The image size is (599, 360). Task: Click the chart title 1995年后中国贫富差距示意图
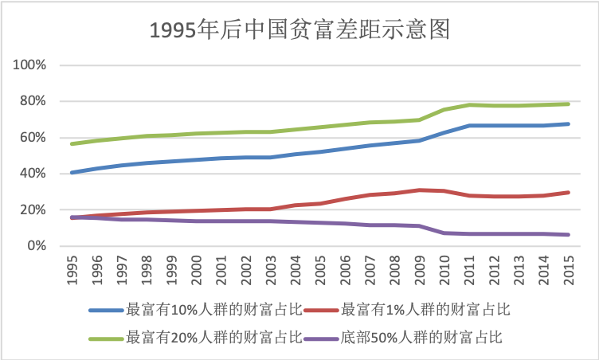pyautogui.click(x=300, y=29)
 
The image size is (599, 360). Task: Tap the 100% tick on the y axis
pyautogui.click(x=32, y=65)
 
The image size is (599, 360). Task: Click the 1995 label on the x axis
pyautogui.click(x=71, y=271)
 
